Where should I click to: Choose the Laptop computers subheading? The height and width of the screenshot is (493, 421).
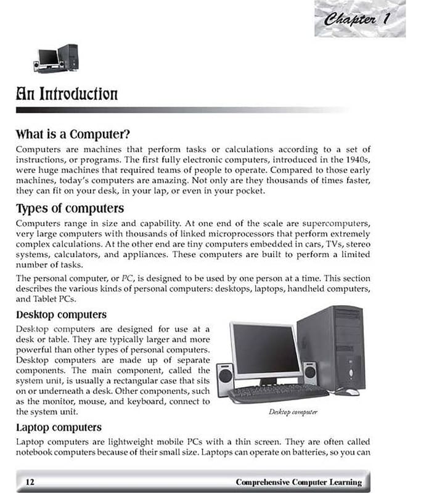click(x=59, y=426)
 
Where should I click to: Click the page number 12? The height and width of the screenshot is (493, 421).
click(x=29, y=481)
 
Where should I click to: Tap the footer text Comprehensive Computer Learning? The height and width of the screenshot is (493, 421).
click(x=298, y=481)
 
